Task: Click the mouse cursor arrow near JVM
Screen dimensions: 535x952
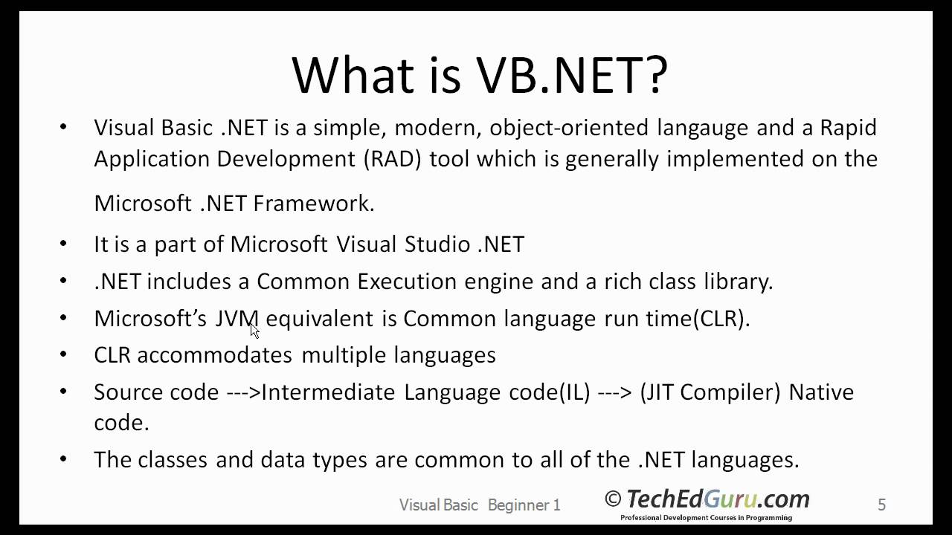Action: click(x=254, y=330)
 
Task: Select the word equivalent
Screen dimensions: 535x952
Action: click(x=319, y=319)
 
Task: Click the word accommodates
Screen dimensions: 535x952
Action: click(x=216, y=355)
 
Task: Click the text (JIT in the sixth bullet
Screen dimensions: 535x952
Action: click(x=657, y=392)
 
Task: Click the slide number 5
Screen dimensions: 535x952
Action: click(x=882, y=505)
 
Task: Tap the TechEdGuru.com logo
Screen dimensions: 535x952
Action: click(x=717, y=499)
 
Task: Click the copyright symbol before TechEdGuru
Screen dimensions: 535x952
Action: click(x=613, y=499)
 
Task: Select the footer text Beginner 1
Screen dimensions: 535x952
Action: click(x=524, y=505)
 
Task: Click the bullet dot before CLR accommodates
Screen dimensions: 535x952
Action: click(x=64, y=354)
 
